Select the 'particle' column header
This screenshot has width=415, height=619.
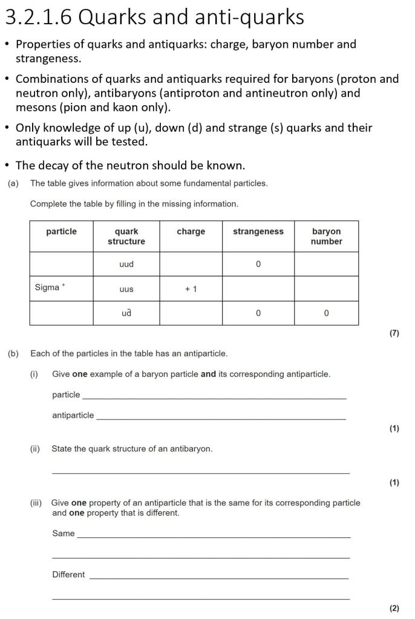61,232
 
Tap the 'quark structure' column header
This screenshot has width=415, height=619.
126,237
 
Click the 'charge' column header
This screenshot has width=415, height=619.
191,232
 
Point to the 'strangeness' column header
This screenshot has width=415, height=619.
258,232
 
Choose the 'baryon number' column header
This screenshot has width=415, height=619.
326,237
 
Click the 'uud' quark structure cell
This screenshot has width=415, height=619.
126,264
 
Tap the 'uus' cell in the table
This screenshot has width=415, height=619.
126,289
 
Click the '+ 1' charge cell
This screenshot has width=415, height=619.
191,289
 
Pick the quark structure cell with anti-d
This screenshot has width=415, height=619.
126,313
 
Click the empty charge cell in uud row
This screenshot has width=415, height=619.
191,264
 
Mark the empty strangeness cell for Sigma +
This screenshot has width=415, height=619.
258,289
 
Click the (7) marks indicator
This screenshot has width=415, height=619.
394,333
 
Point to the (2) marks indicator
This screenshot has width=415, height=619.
394,608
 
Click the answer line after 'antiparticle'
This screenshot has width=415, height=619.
221,419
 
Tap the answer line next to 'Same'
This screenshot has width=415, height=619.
213,537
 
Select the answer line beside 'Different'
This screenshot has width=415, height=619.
218,578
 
